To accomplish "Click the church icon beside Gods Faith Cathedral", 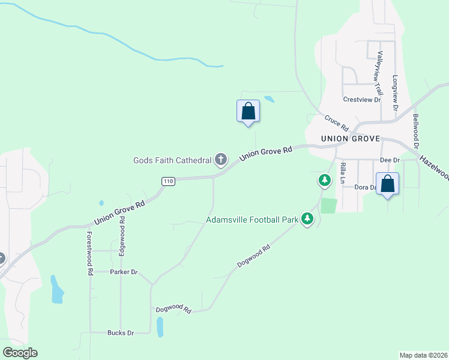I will (221, 160).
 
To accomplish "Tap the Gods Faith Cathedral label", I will (173, 160).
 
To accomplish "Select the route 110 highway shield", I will (168, 181).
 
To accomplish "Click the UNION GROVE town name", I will (351, 139).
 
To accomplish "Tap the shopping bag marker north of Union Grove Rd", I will (248, 112).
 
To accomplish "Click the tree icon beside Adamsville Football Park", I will (307, 219).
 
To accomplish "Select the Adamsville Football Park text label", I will (252, 220).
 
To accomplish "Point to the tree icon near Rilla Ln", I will (324, 180).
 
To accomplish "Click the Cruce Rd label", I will (337, 124).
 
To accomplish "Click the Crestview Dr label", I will (362, 100).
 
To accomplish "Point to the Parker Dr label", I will (124, 272).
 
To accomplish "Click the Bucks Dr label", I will (120, 332).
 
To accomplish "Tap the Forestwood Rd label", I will (90, 253).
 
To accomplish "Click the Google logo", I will (20, 352).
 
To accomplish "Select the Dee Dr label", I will (390, 161).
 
